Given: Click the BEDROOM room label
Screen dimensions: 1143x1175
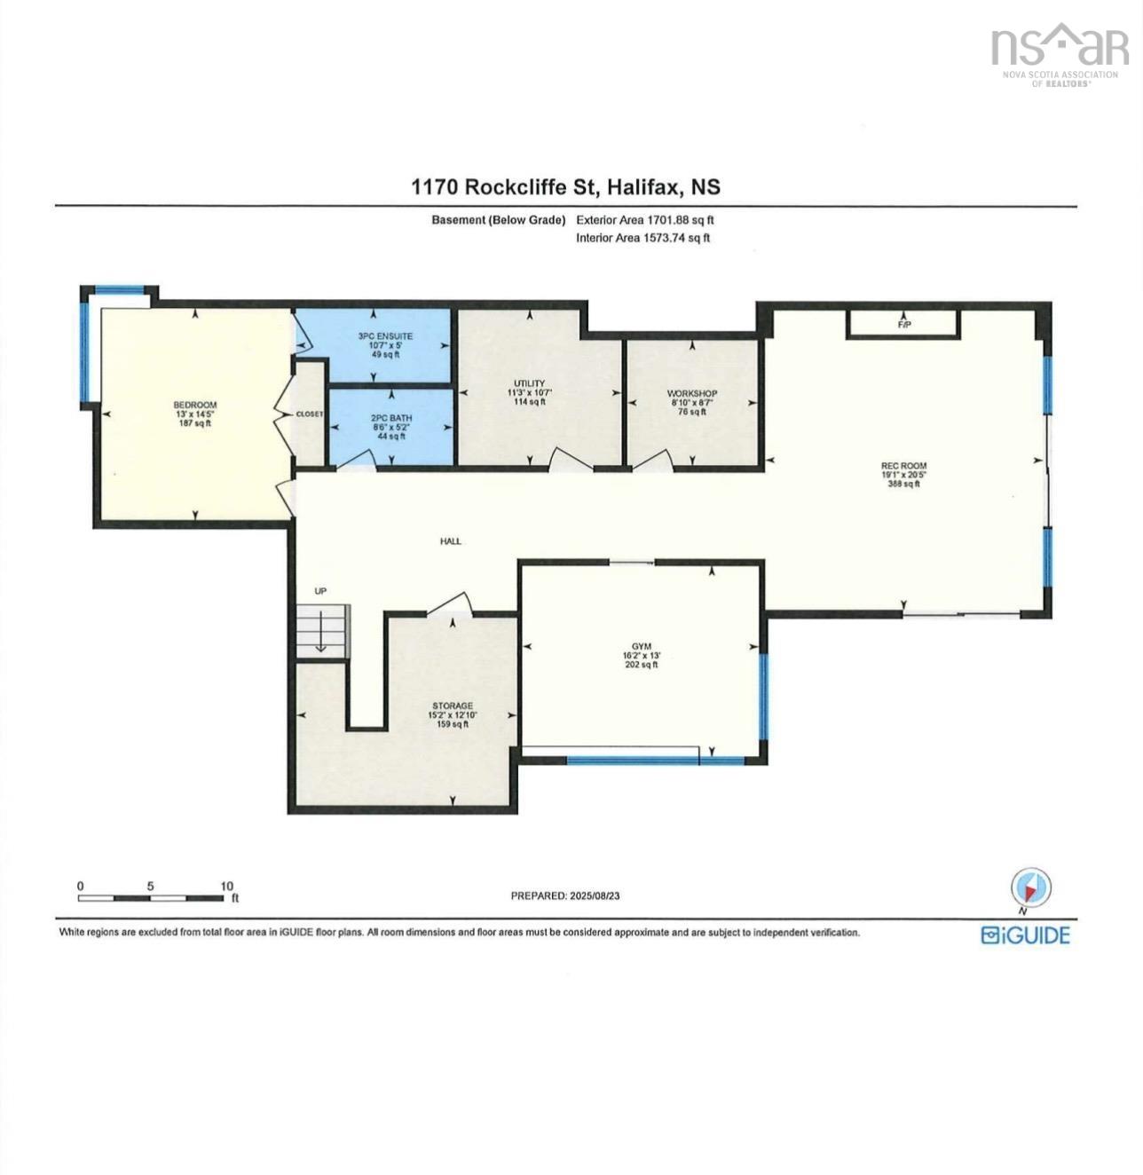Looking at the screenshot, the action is [x=194, y=405].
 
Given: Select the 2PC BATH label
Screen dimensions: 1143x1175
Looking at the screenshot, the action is [x=391, y=418].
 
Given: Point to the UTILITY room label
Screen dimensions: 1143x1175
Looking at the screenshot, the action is [x=529, y=383].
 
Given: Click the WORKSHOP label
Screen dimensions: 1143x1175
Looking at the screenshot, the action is [x=692, y=393].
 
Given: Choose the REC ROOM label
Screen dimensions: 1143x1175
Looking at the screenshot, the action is [x=903, y=466].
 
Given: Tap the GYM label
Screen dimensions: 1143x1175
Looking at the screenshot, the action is [x=642, y=646].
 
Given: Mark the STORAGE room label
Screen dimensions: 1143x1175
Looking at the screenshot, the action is [x=453, y=706].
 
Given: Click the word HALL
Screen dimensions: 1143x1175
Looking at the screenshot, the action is [x=451, y=541].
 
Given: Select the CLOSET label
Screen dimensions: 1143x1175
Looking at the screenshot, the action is [x=309, y=414].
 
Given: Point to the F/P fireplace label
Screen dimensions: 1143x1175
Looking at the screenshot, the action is [x=904, y=325].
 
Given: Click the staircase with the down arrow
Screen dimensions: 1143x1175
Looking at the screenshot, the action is [x=322, y=630].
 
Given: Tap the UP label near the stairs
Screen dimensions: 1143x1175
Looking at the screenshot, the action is [x=320, y=591].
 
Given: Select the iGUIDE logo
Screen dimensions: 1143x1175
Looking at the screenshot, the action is [x=1025, y=935].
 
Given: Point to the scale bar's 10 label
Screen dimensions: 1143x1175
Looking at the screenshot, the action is [x=226, y=886].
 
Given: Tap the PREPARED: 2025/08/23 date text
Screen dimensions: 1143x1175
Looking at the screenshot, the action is [x=565, y=895].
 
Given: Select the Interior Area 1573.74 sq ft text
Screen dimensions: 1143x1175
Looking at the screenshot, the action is [x=642, y=238].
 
